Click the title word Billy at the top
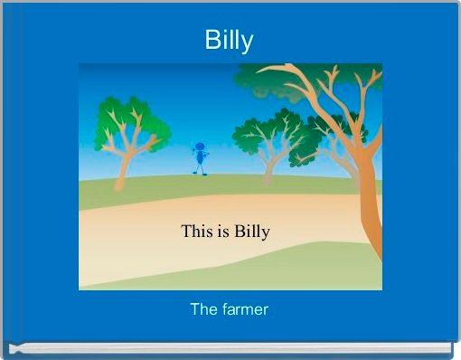tap(229, 41)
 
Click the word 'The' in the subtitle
tap(202, 309)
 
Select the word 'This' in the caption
tap(197, 231)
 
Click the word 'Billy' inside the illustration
tap(252, 232)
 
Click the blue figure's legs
tap(199, 168)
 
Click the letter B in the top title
tap(211, 41)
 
